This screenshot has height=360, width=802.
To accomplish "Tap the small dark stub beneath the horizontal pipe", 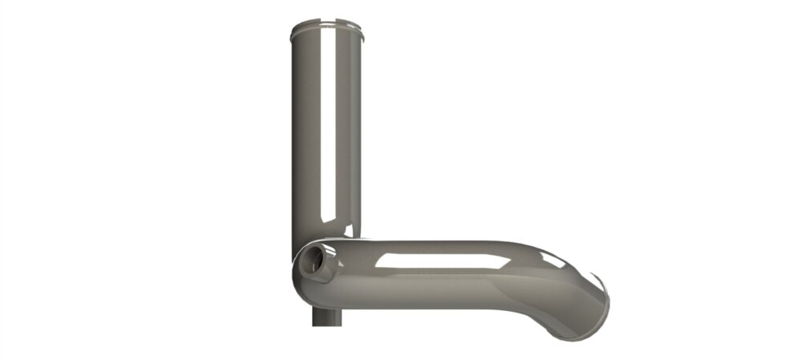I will (x=327, y=317).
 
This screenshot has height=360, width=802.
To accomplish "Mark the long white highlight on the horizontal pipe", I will (x=433, y=260).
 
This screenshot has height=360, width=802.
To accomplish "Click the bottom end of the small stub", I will (x=327, y=326).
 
